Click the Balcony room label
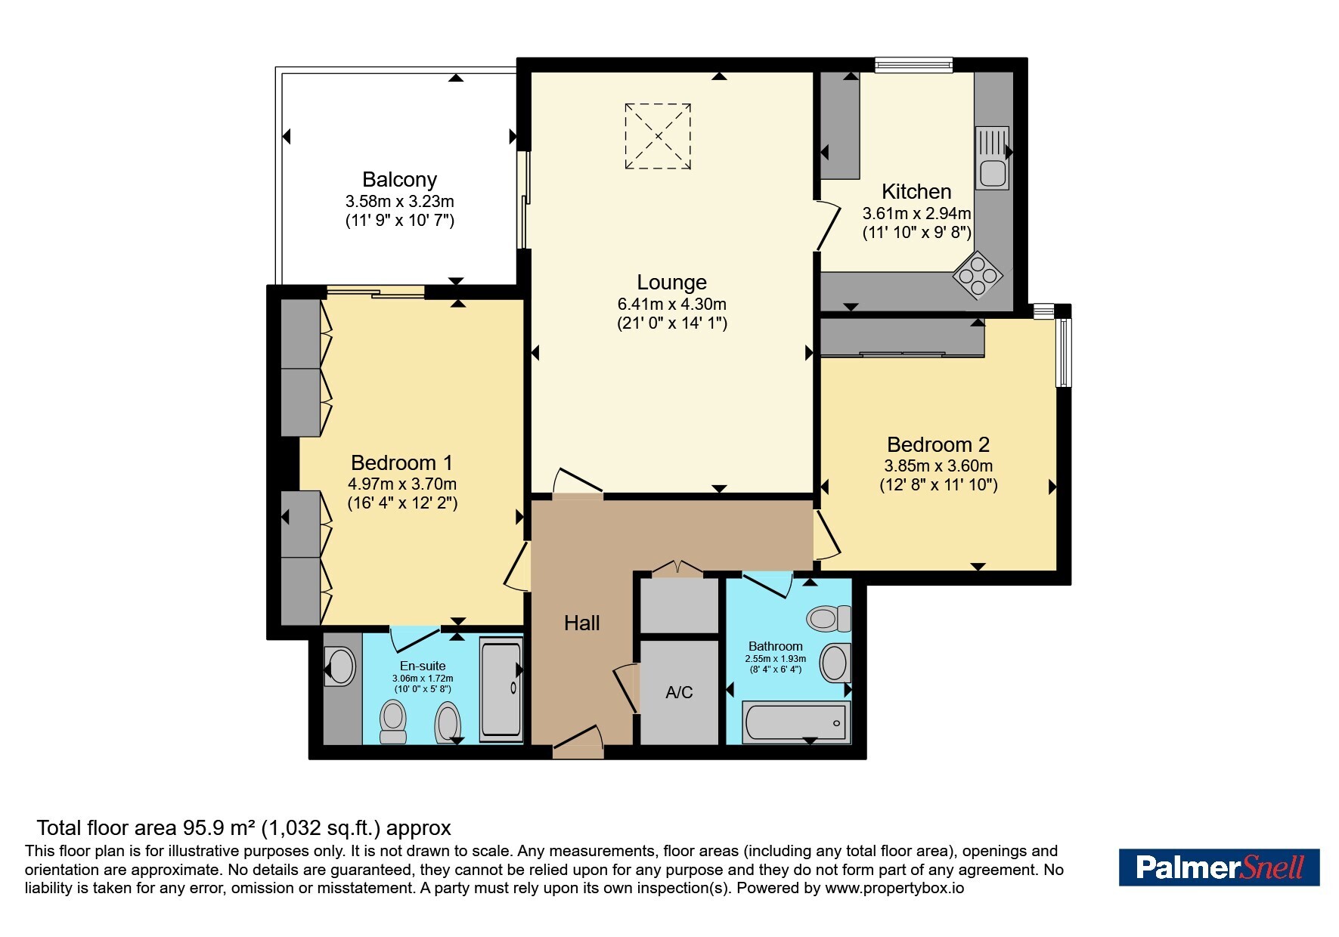click(x=399, y=180)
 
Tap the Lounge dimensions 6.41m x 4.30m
click(x=671, y=305)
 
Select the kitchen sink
click(x=992, y=158)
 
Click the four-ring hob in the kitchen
click(x=978, y=277)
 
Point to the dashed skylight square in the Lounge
click(x=658, y=136)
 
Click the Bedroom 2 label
click(x=938, y=444)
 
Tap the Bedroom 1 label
click(x=401, y=462)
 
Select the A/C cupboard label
click(x=679, y=692)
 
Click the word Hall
click(x=581, y=623)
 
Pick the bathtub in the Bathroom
click(x=796, y=722)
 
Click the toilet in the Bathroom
click(x=829, y=619)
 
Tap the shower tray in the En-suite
click(x=501, y=688)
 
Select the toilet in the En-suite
click(x=393, y=722)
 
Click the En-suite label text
click(x=423, y=666)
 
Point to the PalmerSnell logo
click(x=1219, y=867)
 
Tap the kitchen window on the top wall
click(x=913, y=66)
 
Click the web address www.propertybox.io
click(x=894, y=888)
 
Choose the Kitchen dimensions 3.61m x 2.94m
click(x=916, y=214)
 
